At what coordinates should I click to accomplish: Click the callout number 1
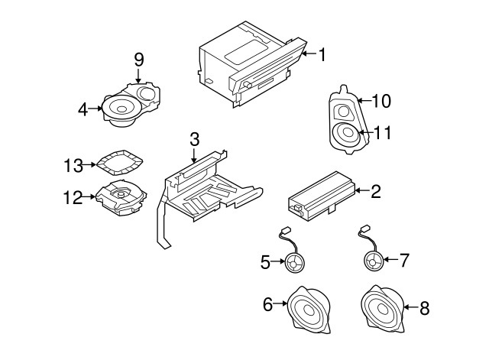(322, 54)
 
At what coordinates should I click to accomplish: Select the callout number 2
(375, 191)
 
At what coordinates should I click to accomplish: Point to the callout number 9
(138, 59)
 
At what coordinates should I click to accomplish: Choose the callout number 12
(72, 197)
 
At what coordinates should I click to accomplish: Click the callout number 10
(381, 99)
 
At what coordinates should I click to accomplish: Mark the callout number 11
(383, 132)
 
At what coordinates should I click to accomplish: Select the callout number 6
(267, 305)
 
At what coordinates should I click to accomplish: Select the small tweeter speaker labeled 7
(373, 261)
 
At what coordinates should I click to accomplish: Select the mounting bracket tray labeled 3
(210, 187)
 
